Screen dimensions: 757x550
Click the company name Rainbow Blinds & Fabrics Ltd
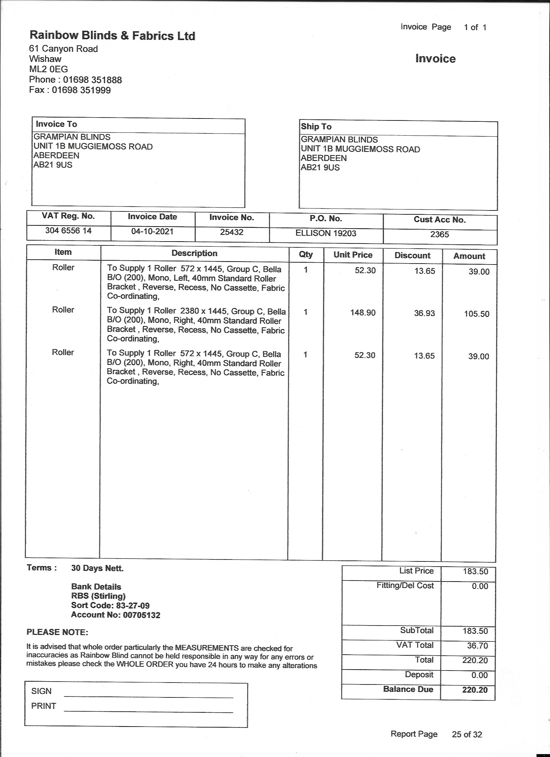click(112, 35)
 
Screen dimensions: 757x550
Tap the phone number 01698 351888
click(93, 80)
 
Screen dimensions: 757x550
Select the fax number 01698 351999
click(81, 90)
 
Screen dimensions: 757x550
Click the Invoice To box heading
click(56, 124)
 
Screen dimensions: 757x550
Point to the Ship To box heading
click(316, 127)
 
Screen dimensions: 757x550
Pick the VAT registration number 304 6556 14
click(68, 231)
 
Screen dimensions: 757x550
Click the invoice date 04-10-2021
click(152, 231)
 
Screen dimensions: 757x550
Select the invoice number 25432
click(231, 232)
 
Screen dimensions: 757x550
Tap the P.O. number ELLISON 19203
click(325, 233)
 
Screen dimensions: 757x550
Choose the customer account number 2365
click(439, 234)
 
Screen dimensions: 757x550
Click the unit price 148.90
click(363, 313)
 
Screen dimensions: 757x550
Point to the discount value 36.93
click(424, 313)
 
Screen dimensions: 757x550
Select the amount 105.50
click(476, 314)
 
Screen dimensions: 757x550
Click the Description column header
click(194, 253)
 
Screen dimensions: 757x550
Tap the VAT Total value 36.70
click(477, 646)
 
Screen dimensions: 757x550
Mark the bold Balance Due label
click(408, 689)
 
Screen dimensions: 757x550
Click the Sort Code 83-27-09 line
click(110, 605)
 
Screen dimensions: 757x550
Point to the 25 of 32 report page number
click(467, 734)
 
